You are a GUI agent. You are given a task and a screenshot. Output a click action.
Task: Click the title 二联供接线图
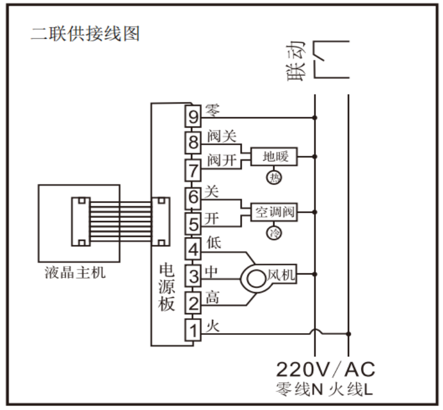pyautogui.click(x=84, y=34)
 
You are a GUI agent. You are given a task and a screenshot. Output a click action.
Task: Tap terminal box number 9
pyautogui.click(x=193, y=118)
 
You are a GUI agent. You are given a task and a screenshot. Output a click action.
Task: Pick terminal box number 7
pyautogui.click(x=193, y=169)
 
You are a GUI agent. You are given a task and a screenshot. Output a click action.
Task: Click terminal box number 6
pyautogui.click(x=193, y=197)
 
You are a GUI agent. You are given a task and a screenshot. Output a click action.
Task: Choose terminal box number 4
pyautogui.click(x=193, y=249)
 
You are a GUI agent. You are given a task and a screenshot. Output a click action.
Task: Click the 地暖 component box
pyautogui.click(x=274, y=156)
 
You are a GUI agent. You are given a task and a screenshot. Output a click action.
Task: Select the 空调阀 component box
pyautogui.click(x=274, y=212)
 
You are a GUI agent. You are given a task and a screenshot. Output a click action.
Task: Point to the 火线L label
pyautogui.click(x=352, y=390)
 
